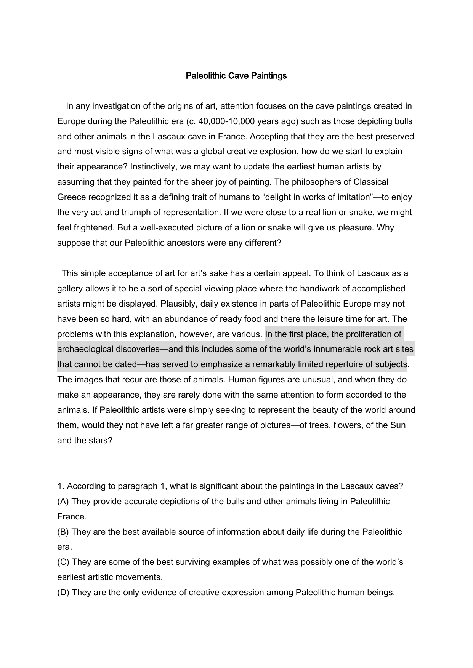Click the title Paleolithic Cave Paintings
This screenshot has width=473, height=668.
pos(236,76)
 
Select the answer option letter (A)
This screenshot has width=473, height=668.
pos(63,502)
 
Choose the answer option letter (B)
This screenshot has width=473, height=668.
pos(63,532)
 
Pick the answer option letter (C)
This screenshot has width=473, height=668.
pos(63,562)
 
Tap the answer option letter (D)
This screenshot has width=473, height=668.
pos(63,593)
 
